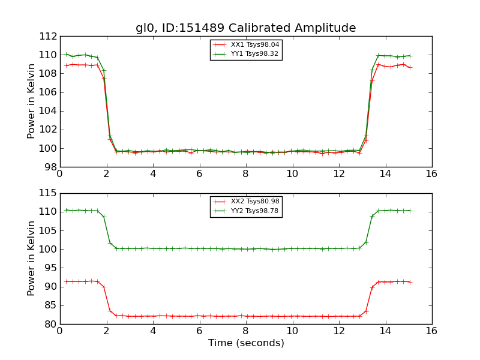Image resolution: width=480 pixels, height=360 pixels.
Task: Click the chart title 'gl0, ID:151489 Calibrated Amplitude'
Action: point(245,28)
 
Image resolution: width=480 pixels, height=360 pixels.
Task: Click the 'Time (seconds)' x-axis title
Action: point(246,343)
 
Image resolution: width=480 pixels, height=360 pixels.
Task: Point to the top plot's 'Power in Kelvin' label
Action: point(32,101)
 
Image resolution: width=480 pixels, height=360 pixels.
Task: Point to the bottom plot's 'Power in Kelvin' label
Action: point(32,259)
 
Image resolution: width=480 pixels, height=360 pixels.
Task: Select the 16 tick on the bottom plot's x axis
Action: point(431,331)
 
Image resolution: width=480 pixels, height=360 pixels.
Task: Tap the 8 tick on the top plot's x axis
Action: point(246,174)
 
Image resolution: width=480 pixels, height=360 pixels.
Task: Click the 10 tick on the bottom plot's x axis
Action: point(292,331)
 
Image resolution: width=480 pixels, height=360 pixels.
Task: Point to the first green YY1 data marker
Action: point(66,55)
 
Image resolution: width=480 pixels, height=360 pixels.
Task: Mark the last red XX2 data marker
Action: point(410,282)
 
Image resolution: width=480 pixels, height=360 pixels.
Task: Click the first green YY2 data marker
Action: point(66,210)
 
